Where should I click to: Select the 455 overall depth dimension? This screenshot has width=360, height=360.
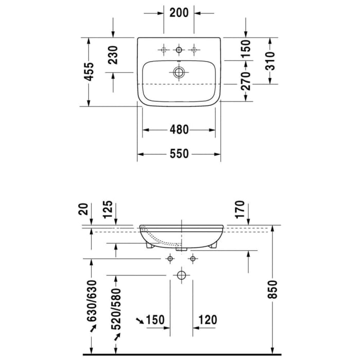click(89, 72)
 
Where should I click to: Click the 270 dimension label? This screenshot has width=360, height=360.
click(246, 80)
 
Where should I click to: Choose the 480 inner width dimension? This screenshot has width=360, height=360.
click(178, 130)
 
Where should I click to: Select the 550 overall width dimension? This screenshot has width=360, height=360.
click(178, 153)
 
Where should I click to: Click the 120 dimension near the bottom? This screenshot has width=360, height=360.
click(207, 320)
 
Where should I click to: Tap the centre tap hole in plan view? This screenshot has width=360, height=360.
click(179, 49)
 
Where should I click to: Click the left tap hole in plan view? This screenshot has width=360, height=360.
click(164, 49)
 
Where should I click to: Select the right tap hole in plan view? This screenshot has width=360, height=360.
click(194, 49)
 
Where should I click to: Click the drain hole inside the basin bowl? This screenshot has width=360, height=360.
click(178, 73)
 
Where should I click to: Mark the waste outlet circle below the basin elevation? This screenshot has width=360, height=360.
click(181, 275)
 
